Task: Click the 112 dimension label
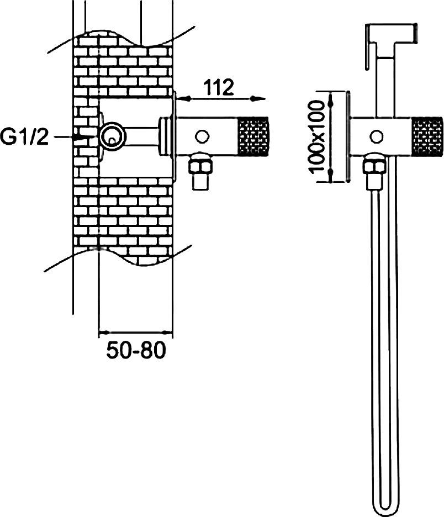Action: (218, 87)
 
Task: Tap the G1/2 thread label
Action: (24, 137)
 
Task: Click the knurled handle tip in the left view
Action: (252, 136)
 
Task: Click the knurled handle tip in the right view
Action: (426, 136)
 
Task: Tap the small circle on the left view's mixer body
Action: (202, 136)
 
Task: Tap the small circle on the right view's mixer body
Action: (376, 136)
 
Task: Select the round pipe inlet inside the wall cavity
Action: (113, 136)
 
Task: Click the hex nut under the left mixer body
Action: (200, 163)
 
